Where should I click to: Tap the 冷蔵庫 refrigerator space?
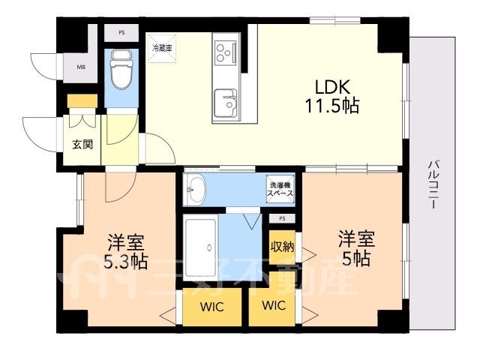pos(162,49)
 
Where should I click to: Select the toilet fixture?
pos(121,69)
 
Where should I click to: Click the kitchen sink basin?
pos(225,103)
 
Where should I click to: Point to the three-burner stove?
pos(226,53)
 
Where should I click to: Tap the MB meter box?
pos(81,67)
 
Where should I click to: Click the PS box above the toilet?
pos(121,32)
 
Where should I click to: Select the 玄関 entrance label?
pos(82,144)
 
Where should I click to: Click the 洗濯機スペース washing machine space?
pos(280,189)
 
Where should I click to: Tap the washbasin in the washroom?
pos(194,190)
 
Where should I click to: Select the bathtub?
pos(200,247)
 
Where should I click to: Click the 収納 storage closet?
pos(282,246)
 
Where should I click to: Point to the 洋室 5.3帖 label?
pos(126,252)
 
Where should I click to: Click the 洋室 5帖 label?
pos(357,248)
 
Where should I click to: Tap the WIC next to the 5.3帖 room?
pos(211,307)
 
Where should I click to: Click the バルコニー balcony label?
pos(433,184)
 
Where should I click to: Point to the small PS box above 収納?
pos(282,218)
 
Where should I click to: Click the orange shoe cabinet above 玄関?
pos(82,101)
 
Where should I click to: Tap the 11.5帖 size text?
pos(332,106)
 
